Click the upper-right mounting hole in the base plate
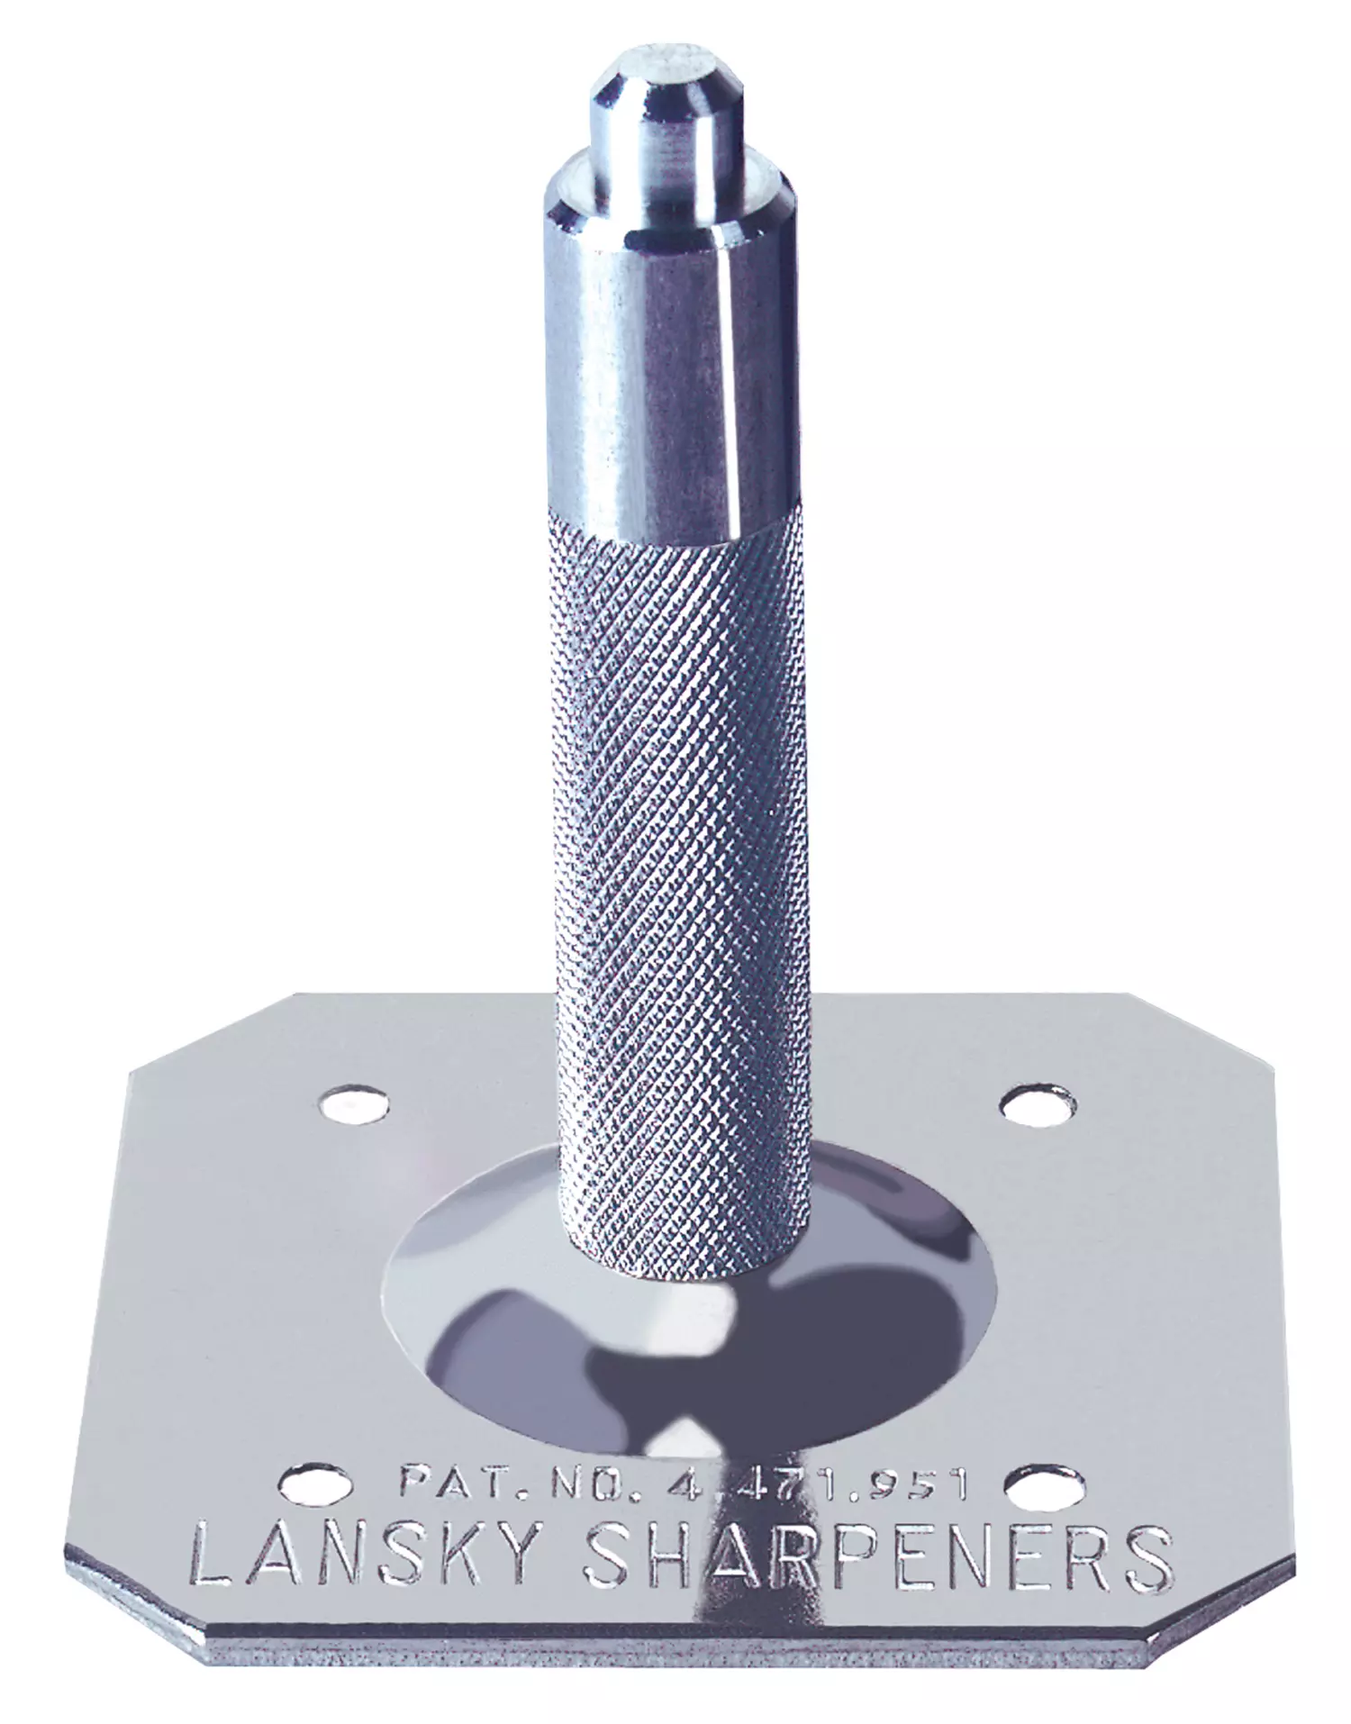click(1038, 1106)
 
